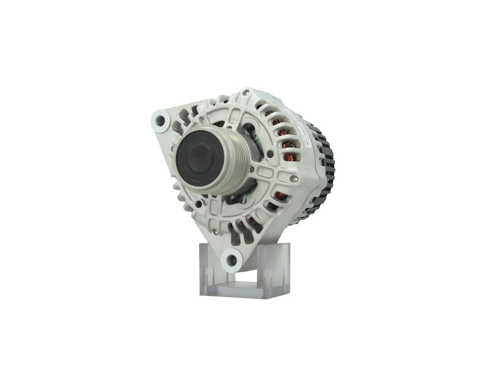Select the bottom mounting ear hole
232,260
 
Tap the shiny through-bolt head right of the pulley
294,179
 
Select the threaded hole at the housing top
245,93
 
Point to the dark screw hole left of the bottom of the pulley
198,204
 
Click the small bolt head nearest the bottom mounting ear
215,232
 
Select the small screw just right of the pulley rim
251,169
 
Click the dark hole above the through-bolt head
270,153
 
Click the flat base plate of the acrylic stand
243,291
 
